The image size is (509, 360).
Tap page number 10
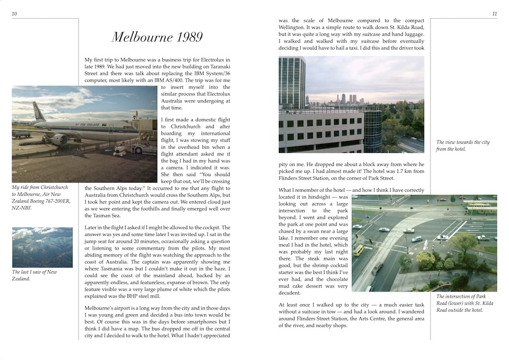coord(14,14)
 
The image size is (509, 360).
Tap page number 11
coord(494,14)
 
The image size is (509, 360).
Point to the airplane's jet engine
coord(59,138)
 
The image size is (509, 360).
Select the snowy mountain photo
coord(42,247)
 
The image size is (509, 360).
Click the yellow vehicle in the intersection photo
coord(359,250)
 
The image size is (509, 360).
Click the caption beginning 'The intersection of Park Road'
coord(463,303)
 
